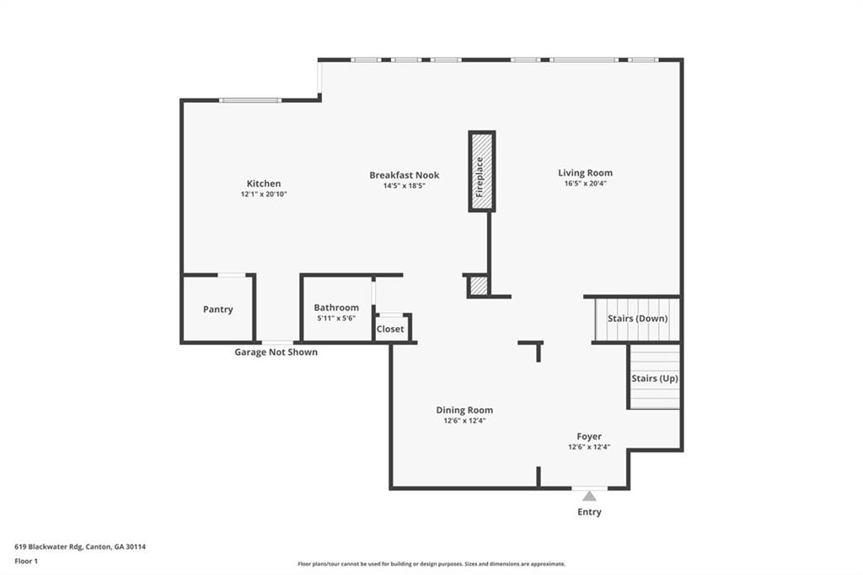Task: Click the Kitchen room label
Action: (263, 184)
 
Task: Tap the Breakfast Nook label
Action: (404, 175)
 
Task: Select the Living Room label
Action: (585, 173)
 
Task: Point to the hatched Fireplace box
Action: (481, 171)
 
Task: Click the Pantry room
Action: (217, 309)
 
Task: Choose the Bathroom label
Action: (336, 308)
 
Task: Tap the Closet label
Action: (390, 329)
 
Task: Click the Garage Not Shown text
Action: (276, 352)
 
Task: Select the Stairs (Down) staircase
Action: (637, 319)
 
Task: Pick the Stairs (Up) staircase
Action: (655, 379)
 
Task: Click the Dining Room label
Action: (464, 410)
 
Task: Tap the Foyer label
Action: (589, 437)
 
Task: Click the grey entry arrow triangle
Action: (589, 496)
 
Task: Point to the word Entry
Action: (589, 512)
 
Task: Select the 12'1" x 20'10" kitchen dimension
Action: (264, 195)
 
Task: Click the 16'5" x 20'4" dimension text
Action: (585, 183)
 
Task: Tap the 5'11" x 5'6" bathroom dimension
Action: (336, 318)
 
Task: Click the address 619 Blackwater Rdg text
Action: (80, 546)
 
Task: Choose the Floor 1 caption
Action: (26, 561)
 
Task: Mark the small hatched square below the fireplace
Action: (479, 286)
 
